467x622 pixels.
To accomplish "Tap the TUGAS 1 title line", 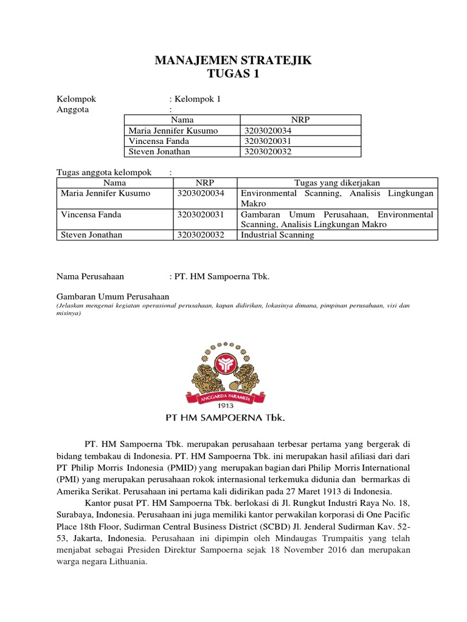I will pyautogui.click(x=234, y=74).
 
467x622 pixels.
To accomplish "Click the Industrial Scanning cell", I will pyautogui.click(x=277, y=235).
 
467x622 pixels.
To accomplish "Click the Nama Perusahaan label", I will pyautogui.click(x=90, y=276).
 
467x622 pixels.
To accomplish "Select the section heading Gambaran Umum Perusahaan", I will pyautogui.click(x=112, y=296).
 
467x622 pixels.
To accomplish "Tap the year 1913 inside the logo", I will pyautogui.click(x=234, y=405).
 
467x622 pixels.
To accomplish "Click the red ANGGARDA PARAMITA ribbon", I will pyautogui.click(x=234, y=394).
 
